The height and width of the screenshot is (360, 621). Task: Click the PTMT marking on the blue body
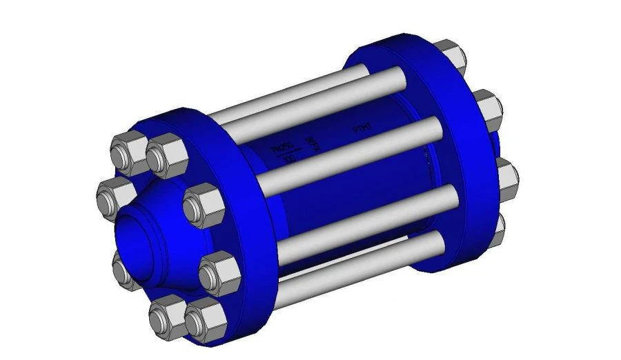(x=363, y=128)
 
